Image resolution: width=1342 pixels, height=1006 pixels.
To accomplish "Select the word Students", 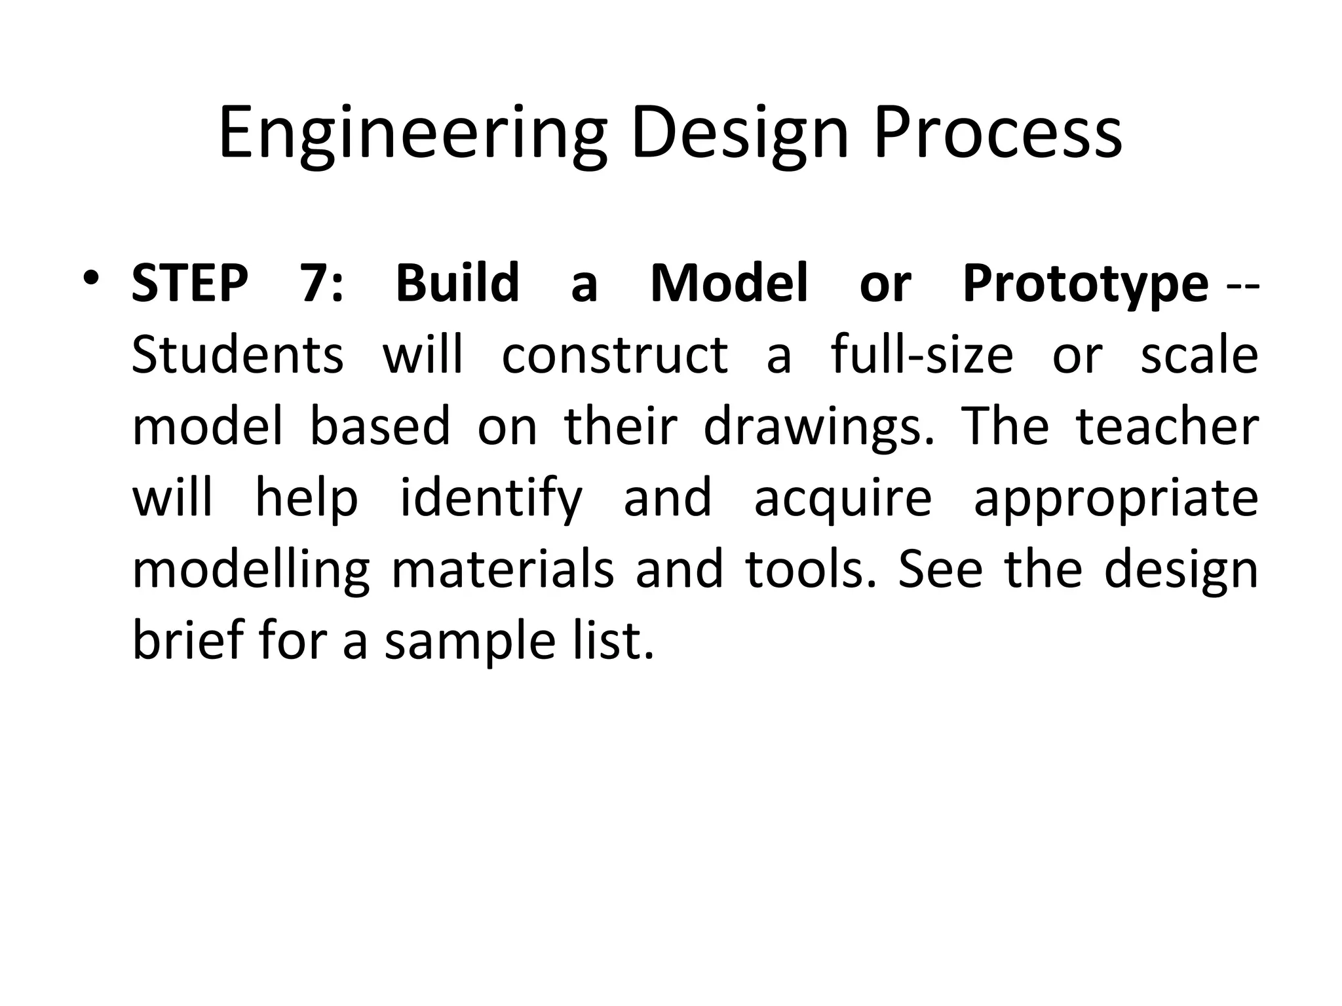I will (237, 355).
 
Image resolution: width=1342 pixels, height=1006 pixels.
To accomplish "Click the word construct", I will (615, 355).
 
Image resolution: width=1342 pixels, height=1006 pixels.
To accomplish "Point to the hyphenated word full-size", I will (922, 355).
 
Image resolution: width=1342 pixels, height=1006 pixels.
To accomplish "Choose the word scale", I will (1199, 355).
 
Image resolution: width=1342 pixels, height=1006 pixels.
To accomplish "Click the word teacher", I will (1167, 426).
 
